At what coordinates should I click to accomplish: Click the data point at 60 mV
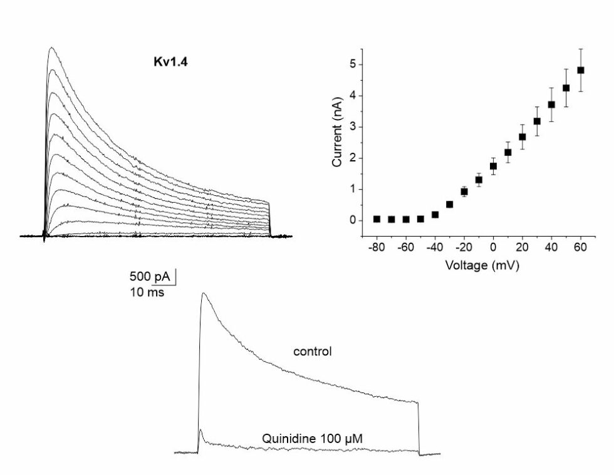pyautogui.click(x=581, y=70)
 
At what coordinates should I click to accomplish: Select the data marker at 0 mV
pyautogui.click(x=493, y=166)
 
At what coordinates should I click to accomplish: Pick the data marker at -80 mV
pyautogui.click(x=377, y=219)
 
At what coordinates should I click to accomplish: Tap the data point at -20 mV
pyautogui.click(x=464, y=192)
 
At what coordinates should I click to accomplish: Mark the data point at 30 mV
pyautogui.click(x=537, y=121)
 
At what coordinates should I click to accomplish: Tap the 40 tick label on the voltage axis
pyautogui.click(x=551, y=248)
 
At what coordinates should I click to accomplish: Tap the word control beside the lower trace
pyautogui.click(x=313, y=352)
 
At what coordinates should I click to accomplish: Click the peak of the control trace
pyautogui.click(x=203, y=293)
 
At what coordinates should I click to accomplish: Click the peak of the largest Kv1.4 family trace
pyautogui.click(x=52, y=48)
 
